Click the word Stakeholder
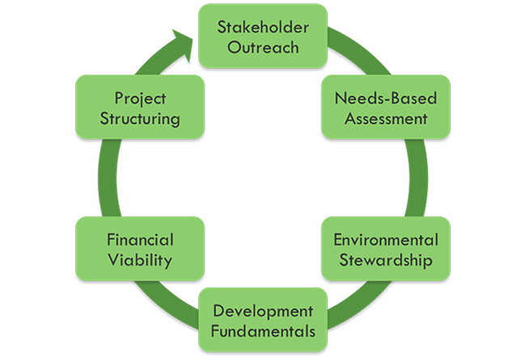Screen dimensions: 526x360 coord(263,27)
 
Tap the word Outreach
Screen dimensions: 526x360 coord(263,47)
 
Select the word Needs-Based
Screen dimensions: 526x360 coord(386,98)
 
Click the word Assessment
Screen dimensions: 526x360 coord(386,118)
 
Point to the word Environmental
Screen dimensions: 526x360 coord(386,239)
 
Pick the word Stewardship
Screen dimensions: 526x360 coord(386,260)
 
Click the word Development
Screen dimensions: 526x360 coord(263,311)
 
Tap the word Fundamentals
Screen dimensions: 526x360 coord(263,332)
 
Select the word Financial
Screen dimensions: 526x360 coord(140,239)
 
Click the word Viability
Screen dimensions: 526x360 coord(140,260)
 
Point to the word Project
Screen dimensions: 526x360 coord(140,99)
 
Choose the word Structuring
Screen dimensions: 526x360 coord(140,119)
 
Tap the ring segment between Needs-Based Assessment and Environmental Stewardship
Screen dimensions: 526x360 coord(418,178)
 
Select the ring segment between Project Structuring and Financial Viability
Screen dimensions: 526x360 coord(108,178)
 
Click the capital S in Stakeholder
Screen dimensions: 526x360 coord(222,27)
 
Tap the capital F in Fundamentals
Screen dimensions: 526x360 coord(215,332)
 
